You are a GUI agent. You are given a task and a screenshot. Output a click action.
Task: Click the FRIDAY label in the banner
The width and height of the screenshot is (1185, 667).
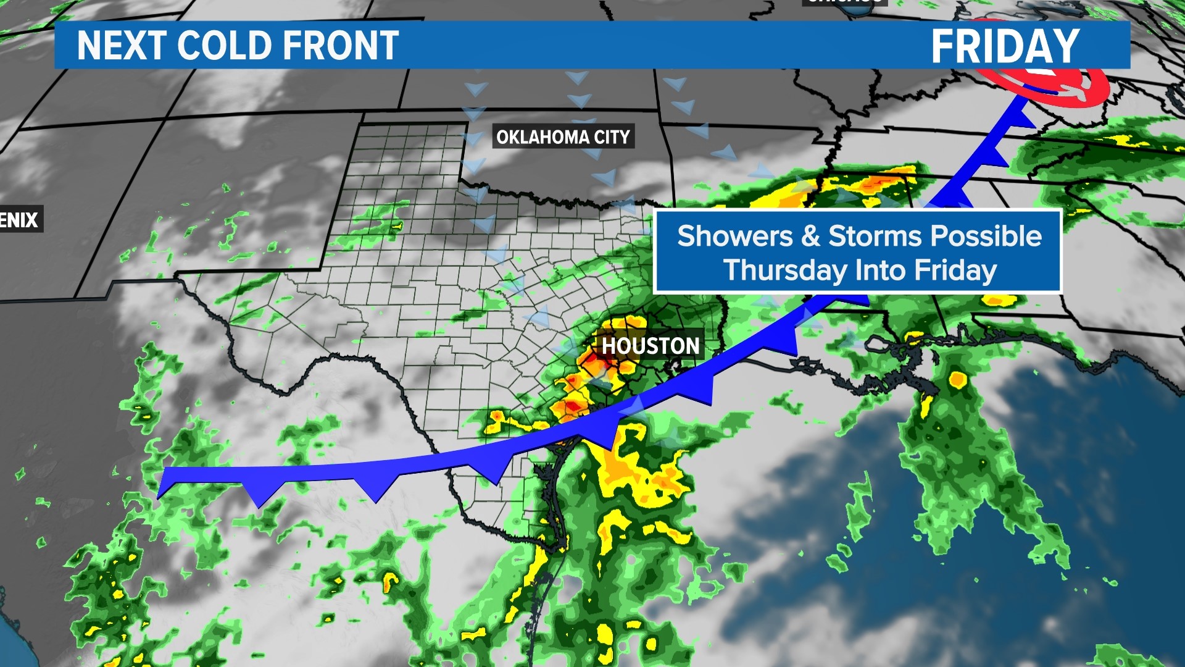click(x=1005, y=46)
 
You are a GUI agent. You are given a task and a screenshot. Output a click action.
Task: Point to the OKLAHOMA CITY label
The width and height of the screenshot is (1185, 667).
click(x=563, y=136)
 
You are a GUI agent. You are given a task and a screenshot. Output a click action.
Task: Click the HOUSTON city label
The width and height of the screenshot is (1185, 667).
click(x=651, y=346)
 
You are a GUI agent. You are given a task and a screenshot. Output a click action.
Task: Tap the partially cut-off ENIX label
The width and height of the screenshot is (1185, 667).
click(x=20, y=220)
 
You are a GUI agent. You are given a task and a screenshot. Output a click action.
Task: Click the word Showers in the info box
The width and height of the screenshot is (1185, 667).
click(x=735, y=237)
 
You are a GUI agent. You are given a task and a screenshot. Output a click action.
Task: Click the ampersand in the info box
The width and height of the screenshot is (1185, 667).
click(x=810, y=237)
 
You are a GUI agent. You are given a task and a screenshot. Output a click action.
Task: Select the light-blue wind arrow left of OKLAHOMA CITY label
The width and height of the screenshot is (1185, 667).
click(x=474, y=136)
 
